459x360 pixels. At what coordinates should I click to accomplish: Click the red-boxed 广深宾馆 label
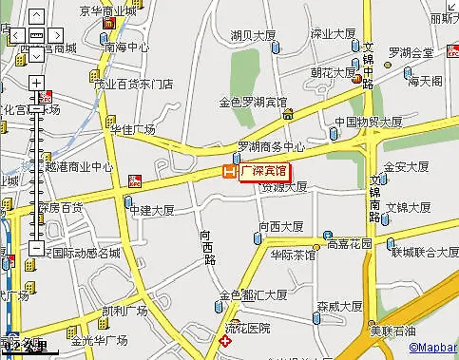click(263, 172)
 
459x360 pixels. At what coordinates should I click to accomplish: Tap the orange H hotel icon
click(228, 172)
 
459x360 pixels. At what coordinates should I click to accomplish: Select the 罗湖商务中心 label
click(271, 147)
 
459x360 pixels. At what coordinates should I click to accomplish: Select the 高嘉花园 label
click(352, 243)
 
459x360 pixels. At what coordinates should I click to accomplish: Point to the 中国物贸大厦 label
click(369, 122)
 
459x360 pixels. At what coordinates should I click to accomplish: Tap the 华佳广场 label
click(132, 128)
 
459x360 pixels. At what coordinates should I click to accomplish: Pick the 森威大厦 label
click(340, 306)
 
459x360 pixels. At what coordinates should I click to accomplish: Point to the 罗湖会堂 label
click(411, 52)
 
